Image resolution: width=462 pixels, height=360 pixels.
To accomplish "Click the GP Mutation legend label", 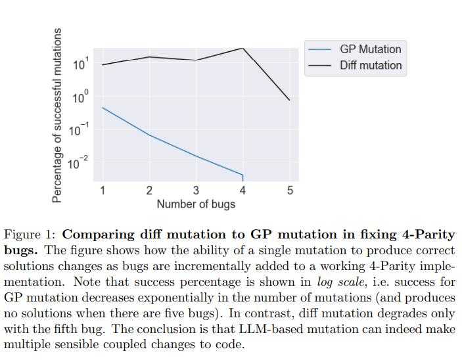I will [370, 49].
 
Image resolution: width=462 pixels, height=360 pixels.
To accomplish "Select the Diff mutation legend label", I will [371, 66].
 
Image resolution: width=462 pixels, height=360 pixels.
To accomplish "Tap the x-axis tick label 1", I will [103, 191].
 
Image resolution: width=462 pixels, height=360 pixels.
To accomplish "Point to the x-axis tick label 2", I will [149, 191].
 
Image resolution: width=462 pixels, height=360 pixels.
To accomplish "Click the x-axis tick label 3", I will [196, 191].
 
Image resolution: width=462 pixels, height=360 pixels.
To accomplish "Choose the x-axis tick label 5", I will [290, 191].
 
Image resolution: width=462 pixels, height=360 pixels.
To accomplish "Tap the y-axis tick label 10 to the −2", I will [79, 162].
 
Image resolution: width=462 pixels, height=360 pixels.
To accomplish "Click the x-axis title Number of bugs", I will [196, 204].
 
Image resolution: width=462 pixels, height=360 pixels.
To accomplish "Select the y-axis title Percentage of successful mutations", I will [57, 115].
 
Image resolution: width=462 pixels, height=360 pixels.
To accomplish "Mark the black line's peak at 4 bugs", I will [243, 48].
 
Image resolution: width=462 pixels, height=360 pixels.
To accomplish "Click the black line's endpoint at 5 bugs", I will [290, 101].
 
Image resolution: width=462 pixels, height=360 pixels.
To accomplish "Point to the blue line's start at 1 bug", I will [103, 107].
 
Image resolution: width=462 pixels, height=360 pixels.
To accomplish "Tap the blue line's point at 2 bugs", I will [149, 135].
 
